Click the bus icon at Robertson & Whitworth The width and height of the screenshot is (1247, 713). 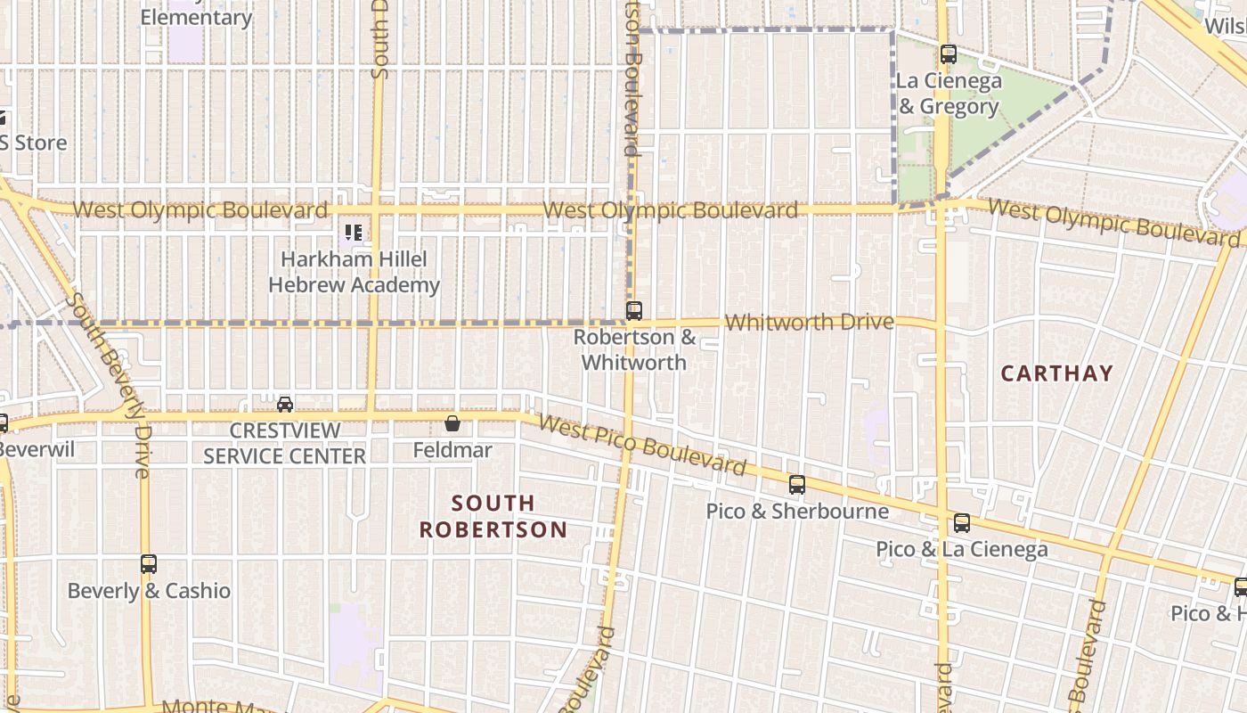pos(633,311)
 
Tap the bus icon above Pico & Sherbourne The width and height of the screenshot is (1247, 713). pos(797,485)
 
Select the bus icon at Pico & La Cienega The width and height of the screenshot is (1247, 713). pos(962,523)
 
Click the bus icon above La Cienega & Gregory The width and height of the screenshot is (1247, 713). pos(949,54)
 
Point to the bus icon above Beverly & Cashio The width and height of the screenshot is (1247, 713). pos(149,564)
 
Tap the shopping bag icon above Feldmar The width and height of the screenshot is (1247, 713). pos(452,423)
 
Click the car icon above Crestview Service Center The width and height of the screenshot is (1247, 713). pos(285,405)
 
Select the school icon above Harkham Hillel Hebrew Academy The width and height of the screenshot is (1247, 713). pos(354,234)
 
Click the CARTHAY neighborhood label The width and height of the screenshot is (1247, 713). pos(1056,373)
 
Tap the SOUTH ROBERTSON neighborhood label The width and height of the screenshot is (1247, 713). pos(493,516)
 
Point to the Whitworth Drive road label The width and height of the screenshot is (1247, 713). pos(809,322)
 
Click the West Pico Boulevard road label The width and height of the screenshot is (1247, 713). pos(642,445)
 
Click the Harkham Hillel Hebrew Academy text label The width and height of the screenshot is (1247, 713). pos(354,272)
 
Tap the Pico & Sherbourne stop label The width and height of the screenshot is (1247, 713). pos(797,511)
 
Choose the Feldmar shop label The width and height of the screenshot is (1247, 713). pos(452,450)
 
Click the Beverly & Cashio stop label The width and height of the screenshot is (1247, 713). pos(149,591)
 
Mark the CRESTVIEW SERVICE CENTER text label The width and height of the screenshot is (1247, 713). pos(284,443)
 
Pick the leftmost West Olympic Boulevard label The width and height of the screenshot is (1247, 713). pos(200,210)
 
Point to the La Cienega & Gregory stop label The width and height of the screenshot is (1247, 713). pos(949,94)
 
